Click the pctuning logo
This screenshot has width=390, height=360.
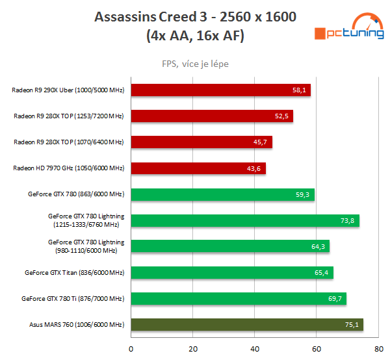(347, 29)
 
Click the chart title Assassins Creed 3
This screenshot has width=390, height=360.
(195, 16)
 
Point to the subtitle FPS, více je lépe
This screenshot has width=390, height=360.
(195, 64)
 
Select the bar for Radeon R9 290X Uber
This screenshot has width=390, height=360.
(221, 90)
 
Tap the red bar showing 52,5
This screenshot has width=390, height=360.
(212, 116)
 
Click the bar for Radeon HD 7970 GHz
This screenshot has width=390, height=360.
(198, 168)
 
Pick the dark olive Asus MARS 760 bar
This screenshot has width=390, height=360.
(247, 325)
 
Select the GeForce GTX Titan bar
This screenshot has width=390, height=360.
(232, 272)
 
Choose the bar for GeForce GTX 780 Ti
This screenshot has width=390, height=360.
(239, 298)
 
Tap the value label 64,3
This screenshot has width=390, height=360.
(318, 246)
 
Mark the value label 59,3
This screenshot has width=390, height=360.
(303, 194)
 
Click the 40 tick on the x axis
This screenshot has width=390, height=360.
(255, 349)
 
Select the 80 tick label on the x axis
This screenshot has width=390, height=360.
(378, 349)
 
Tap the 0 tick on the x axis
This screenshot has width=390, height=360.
(131, 349)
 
